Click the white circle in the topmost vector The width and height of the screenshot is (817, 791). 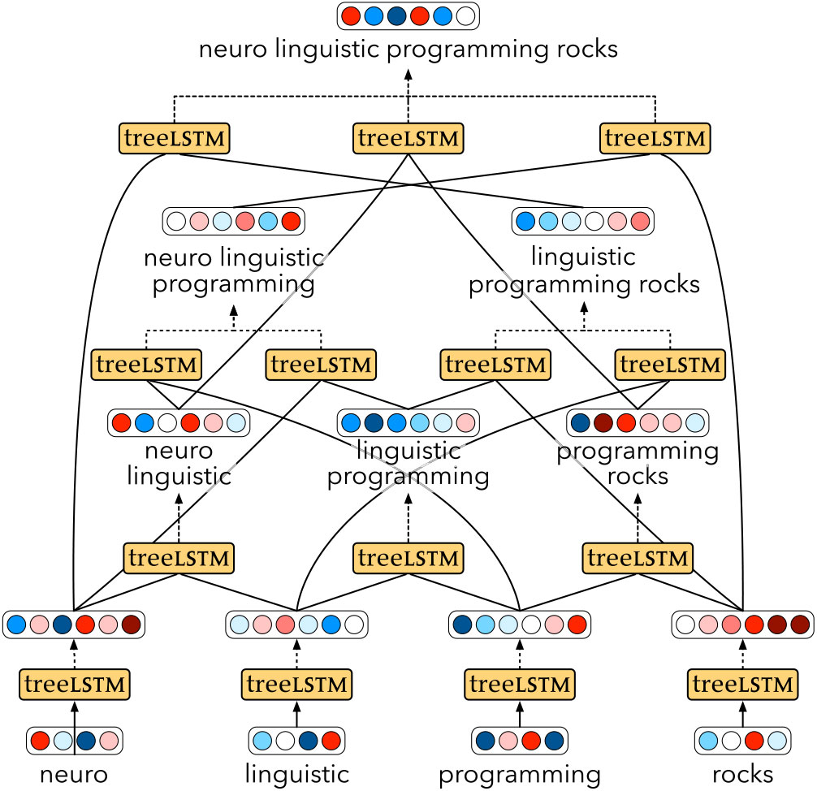[465, 15]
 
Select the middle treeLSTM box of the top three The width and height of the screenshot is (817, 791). [408, 139]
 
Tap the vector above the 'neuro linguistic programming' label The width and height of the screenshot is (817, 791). [234, 221]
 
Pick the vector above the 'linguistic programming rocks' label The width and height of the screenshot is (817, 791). [583, 221]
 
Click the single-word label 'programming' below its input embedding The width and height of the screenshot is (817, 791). [520, 774]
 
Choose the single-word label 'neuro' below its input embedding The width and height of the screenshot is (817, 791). [74, 774]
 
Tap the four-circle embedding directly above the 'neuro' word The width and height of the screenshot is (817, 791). [74, 741]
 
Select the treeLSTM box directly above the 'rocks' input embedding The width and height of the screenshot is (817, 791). [741, 685]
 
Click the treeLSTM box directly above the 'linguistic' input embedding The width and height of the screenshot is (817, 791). [297, 685]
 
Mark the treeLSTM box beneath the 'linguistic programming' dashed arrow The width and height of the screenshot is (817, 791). [408, 558]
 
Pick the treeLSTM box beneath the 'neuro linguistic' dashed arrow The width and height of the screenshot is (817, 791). [179, 558]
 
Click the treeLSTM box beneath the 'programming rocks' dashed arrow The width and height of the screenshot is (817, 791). [638, 558]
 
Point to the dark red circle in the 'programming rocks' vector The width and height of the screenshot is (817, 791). [603, 423]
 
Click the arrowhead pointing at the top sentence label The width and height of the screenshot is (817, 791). [408, 74]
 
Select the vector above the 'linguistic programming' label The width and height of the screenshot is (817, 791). [408, 423]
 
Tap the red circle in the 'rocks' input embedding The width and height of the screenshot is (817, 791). [754, 741]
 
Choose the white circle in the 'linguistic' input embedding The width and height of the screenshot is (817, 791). [285, 741]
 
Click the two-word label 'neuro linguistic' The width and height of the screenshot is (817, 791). [179, 463]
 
